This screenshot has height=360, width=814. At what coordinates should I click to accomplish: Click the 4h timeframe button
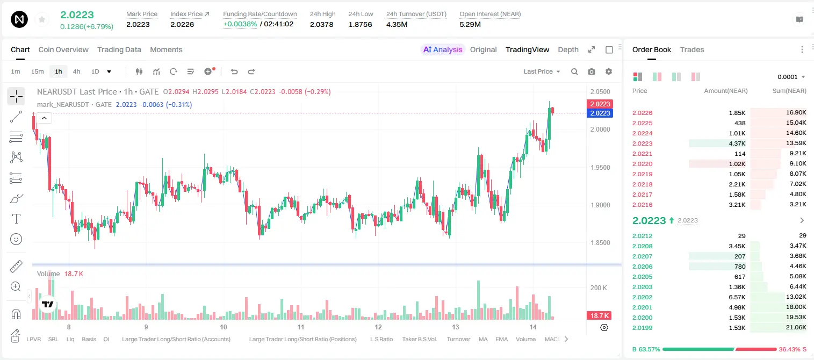[76, 71]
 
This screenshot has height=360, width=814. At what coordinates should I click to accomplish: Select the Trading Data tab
[119, 49]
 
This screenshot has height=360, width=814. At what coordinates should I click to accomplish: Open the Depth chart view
[568, 49]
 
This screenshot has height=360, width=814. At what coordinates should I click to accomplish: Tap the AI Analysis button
[443, 49]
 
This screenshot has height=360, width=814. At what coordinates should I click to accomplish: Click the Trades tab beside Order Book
[692, 49]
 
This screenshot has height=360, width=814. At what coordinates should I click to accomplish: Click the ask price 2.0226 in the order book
[642, 113]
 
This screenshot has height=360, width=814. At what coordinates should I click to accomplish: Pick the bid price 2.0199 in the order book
[642, 328]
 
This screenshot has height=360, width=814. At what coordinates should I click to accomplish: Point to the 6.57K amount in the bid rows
[737, 297]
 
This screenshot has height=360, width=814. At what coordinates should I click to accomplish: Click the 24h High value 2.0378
[322, 24]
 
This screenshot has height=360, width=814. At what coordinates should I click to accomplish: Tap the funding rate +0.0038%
[240, 24]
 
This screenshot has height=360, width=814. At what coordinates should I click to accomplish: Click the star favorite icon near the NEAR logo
[42, 19]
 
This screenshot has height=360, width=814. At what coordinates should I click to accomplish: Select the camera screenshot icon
[592, 71]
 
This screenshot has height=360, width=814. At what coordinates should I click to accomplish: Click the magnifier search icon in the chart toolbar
[574, 71]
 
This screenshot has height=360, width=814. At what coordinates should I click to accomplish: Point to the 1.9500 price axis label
[600, 168]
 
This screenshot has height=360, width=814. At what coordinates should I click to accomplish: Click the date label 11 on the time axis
[300, 327]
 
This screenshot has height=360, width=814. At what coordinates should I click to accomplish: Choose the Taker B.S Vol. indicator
[419, 339]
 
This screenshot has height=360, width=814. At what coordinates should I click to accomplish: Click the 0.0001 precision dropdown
[791, 77]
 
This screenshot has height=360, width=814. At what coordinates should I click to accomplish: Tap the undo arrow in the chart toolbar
[234, 71]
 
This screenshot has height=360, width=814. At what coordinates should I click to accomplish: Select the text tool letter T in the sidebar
[16, 219]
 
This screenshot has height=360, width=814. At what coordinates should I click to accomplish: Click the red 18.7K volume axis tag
[599, 316]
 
